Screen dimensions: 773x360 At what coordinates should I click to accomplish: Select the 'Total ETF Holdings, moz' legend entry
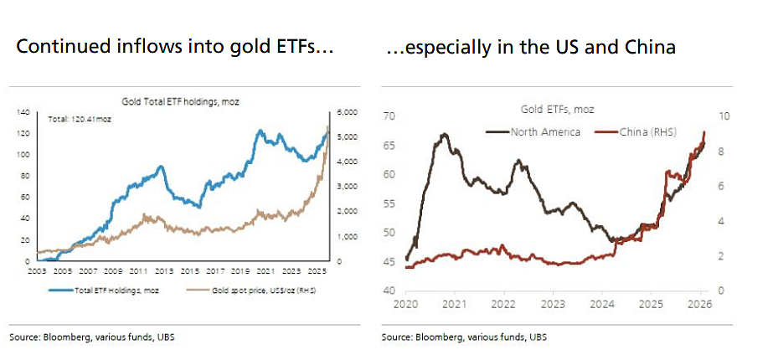pos(104,291)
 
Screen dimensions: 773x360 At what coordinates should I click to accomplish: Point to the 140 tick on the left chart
pos(23,112)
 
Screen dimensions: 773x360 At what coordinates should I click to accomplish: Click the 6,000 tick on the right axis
pos(344,112)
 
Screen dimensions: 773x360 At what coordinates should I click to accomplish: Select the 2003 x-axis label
pos(38,271)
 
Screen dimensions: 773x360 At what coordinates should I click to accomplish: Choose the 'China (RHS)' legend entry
pos(635,132)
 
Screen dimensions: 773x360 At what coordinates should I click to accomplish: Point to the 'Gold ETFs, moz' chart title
pos(558,110)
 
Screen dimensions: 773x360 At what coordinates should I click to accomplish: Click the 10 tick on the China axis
pos(724,116)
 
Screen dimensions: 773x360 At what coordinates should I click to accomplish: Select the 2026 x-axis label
pos(699,304)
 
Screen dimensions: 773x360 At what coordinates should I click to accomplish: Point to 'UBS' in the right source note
pos(539,337)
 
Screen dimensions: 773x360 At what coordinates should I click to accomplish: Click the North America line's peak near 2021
pos(444,134)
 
